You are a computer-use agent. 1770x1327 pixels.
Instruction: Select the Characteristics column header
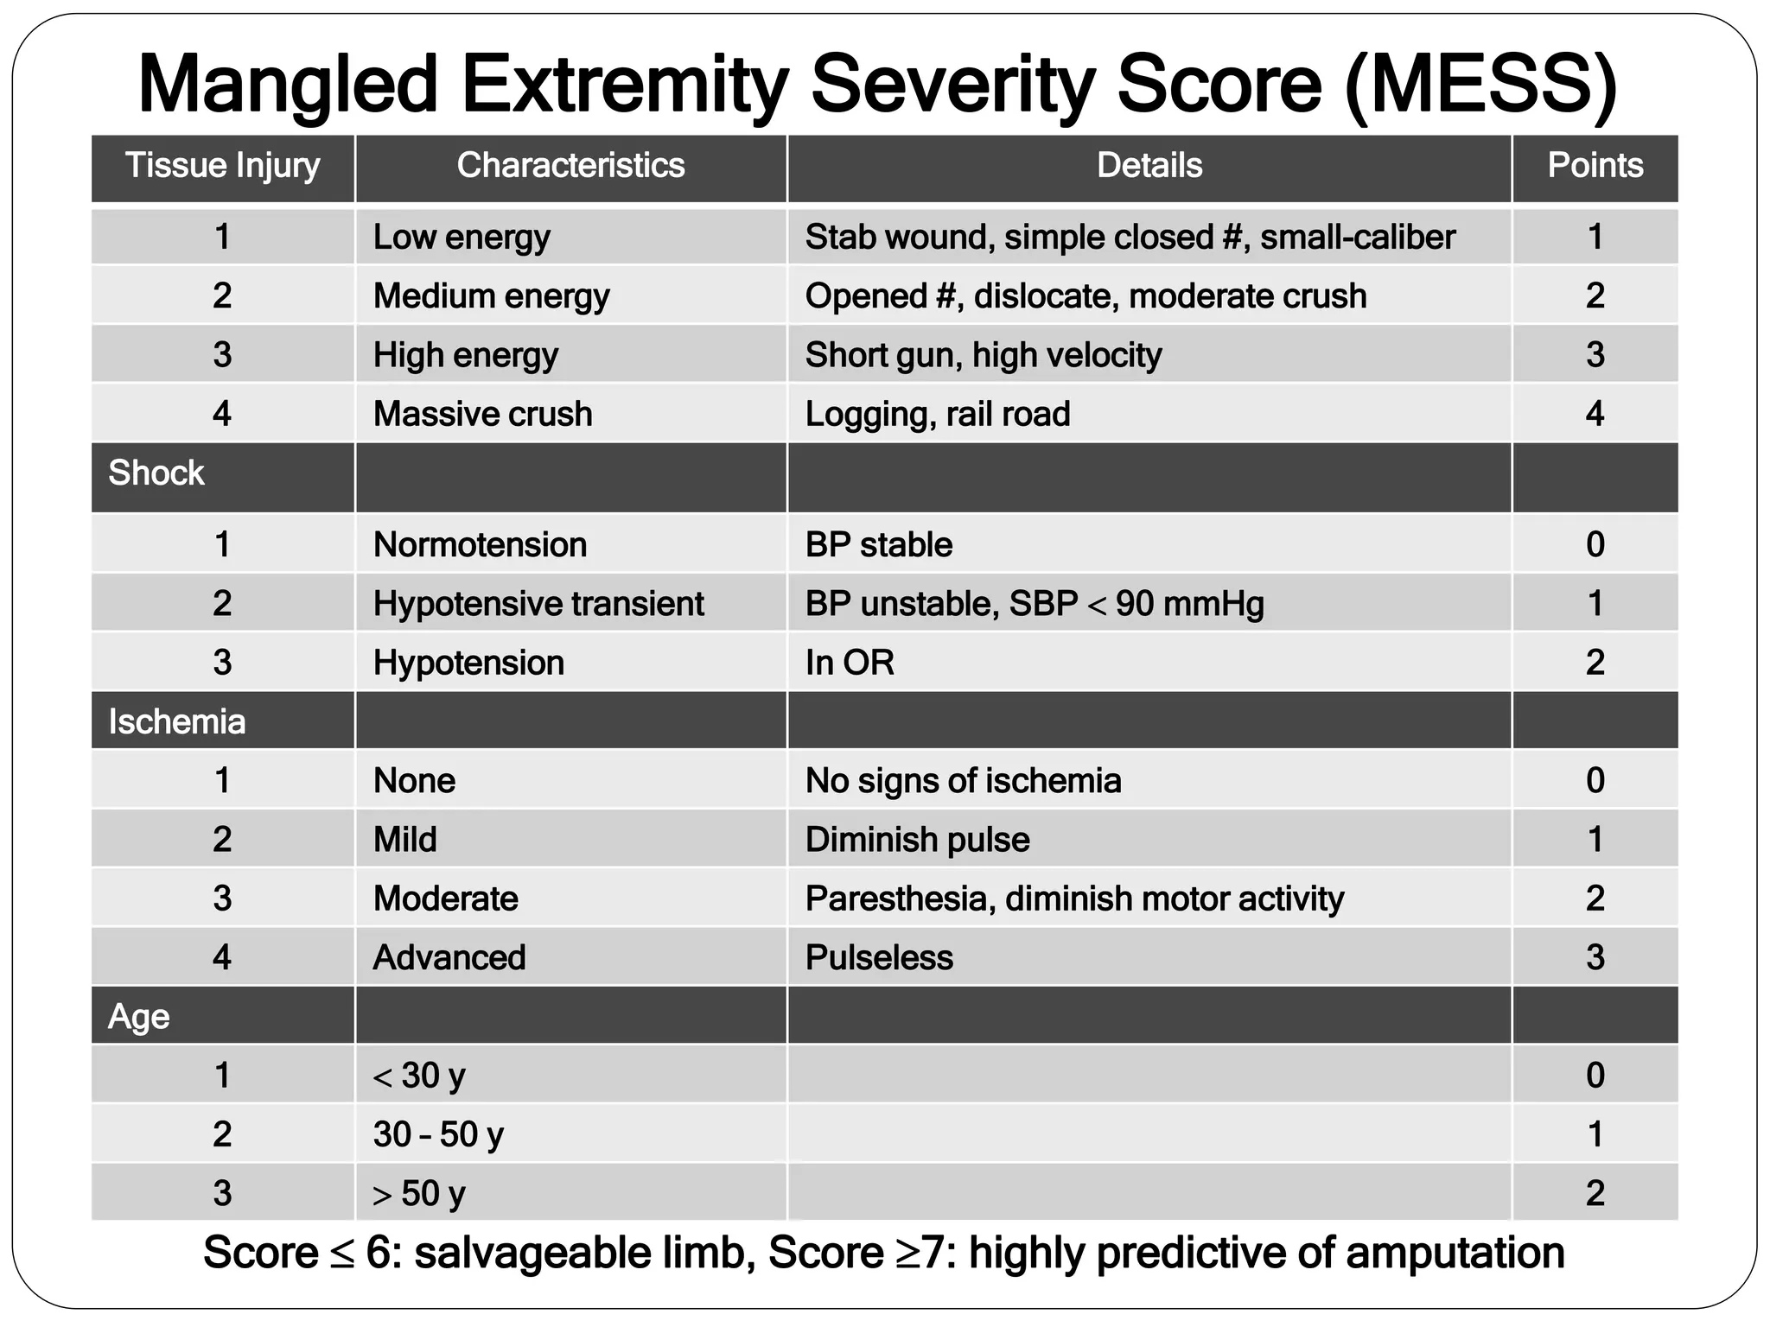point(570,165)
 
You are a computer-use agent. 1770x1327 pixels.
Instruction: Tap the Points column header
point(1595,165)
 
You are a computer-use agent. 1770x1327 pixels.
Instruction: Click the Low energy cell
point(462,237)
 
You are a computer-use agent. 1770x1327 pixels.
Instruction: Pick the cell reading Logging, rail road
point(938,414)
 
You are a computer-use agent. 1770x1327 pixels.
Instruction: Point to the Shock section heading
point(156,473)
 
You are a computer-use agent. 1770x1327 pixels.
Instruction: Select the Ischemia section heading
point(176,721)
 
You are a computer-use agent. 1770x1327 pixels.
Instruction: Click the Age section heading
point(138,1016)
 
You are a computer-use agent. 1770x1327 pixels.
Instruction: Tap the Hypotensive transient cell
point(538,603)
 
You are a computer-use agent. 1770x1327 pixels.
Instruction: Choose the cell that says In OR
point(850,663)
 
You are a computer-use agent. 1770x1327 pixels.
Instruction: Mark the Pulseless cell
point(879,957)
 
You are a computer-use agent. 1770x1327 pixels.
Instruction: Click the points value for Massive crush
point(1595,414)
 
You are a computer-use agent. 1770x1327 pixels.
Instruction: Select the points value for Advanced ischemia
point(1595,957)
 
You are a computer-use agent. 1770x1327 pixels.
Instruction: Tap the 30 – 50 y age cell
point(438,1134)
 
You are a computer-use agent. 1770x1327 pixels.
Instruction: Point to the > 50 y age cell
point(419,1193)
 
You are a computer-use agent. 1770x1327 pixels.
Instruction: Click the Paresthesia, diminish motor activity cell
point(1074,898)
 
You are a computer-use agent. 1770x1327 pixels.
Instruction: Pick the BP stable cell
point(879,544)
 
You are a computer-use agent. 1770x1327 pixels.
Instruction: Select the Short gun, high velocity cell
point(984,355)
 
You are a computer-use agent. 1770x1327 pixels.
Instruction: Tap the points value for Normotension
point(1595,544)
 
